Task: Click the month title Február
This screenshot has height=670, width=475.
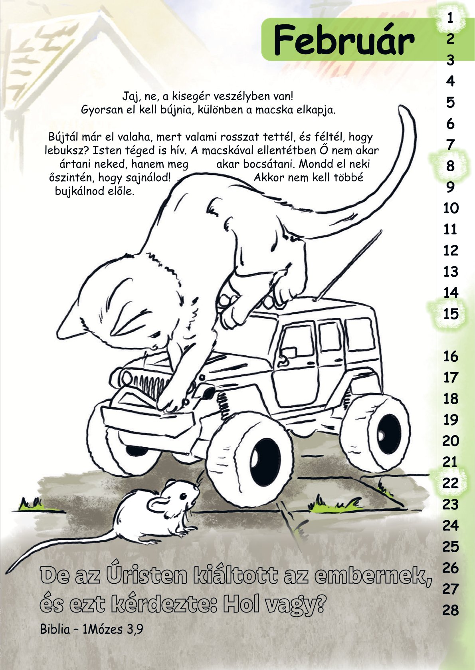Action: pos(344,40)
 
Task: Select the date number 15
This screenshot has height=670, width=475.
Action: pos(451,314)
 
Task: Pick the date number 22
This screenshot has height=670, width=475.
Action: pos(451,483)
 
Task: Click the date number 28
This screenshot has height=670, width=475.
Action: pos(451,610)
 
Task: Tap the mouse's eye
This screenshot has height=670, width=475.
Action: pos(183,497)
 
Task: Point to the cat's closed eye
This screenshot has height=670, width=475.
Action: pos(155,335)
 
